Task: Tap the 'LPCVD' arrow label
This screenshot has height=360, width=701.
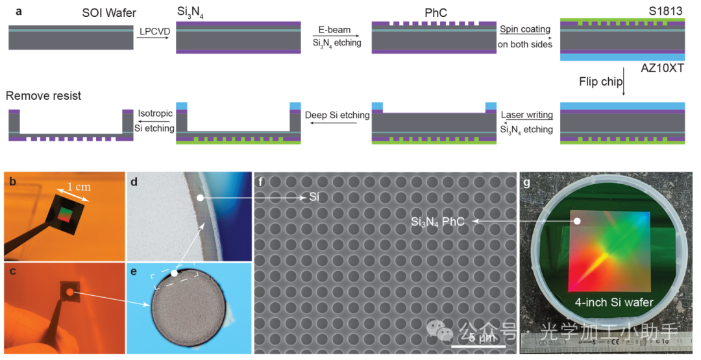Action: (151, 32)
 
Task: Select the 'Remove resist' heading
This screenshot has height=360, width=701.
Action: (43, 96)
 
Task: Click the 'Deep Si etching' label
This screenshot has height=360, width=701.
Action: (337, 115)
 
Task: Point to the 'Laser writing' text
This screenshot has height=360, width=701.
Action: (526, 115)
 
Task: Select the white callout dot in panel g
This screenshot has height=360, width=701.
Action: (576, 221)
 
